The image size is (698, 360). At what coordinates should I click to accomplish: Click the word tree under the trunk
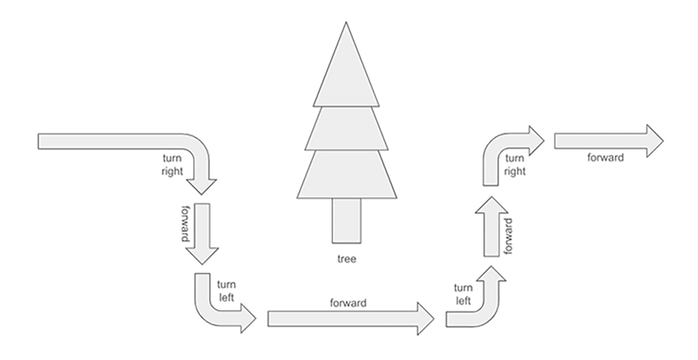click(347, 259)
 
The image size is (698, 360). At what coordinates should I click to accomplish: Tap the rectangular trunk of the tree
click(347, 220)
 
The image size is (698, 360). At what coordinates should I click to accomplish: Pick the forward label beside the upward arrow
click(509, 237)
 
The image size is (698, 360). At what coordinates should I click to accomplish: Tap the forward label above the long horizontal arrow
click(348, 302)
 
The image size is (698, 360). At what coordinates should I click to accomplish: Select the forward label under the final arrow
click(606, 158)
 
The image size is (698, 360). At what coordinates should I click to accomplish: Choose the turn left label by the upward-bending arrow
click(463, 294)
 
